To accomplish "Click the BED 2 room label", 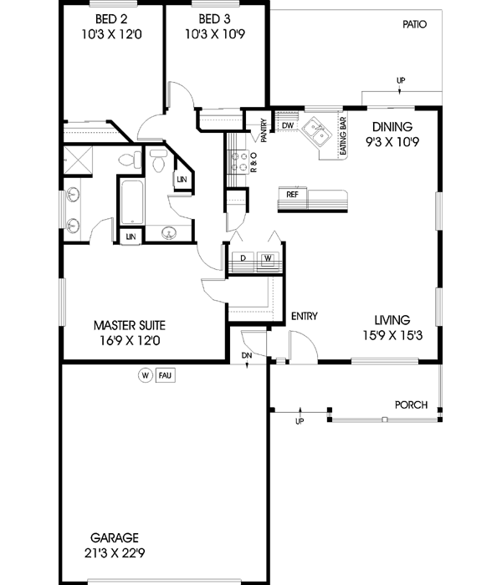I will click(110, 19).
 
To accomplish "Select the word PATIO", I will click(413, 24).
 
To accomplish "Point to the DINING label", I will click(392, 127).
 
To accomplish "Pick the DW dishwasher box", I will click(287, 125).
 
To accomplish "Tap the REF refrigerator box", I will click(293, 194).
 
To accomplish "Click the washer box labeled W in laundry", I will click(269, 259).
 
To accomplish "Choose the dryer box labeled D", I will click(243, 259).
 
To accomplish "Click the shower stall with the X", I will click(80, 159).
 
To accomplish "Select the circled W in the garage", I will click(145, 375).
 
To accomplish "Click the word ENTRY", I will click(303, 316).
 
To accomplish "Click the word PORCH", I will click(412, 405).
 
